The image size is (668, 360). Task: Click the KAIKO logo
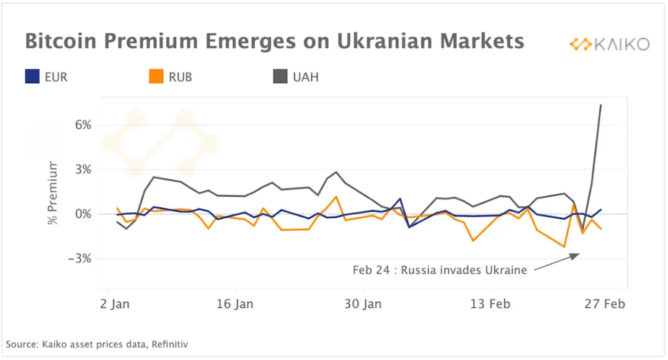(x=610, y=44)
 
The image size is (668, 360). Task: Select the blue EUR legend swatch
(x=32, y=77)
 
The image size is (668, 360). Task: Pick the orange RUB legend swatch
(x=156, y=77)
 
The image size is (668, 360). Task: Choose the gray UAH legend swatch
(x=280, y=77)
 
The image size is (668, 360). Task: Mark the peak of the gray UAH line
(x=600, y=106)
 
